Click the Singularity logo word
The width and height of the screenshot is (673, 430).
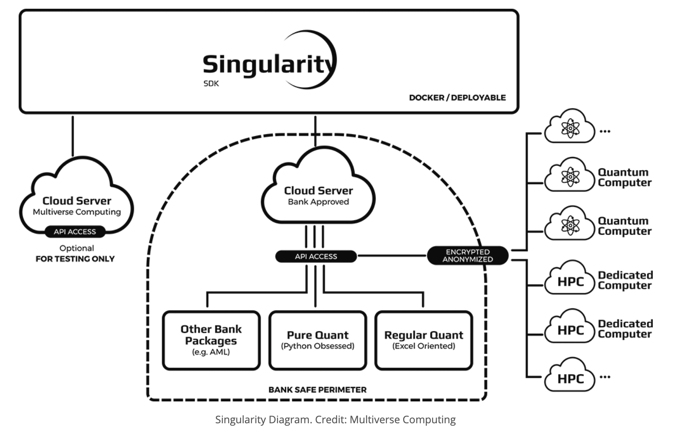[x=267, y=65]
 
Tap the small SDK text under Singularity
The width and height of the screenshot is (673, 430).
[x=211, y=84]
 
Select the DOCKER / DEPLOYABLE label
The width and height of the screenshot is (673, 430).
[x=457, y=98]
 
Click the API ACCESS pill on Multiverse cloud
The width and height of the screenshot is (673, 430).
[x=75, y=232]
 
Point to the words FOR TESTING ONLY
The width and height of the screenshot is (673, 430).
[x=75, y=259]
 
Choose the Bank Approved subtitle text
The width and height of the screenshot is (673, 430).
[x=318, y=202]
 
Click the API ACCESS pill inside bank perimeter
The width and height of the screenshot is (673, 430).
[x=316, y=257]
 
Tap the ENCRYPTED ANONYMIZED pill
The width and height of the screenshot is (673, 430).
[x=467, y=255]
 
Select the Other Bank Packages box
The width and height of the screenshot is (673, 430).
[x=211, y=340]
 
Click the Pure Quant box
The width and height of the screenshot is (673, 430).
[x=317, y=340]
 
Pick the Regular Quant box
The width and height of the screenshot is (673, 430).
[x=424, y=340]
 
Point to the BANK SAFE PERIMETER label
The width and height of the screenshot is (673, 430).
[x=317, y=390]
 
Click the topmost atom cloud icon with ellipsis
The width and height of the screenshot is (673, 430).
[x=570, y=128]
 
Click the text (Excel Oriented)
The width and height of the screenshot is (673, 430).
[x=424, y=346]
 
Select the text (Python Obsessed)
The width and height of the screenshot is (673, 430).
[x=317, y=346]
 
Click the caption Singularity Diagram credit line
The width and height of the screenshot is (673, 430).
[x=335, y=420]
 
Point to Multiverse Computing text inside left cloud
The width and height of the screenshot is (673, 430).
[x=77, y=212]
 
